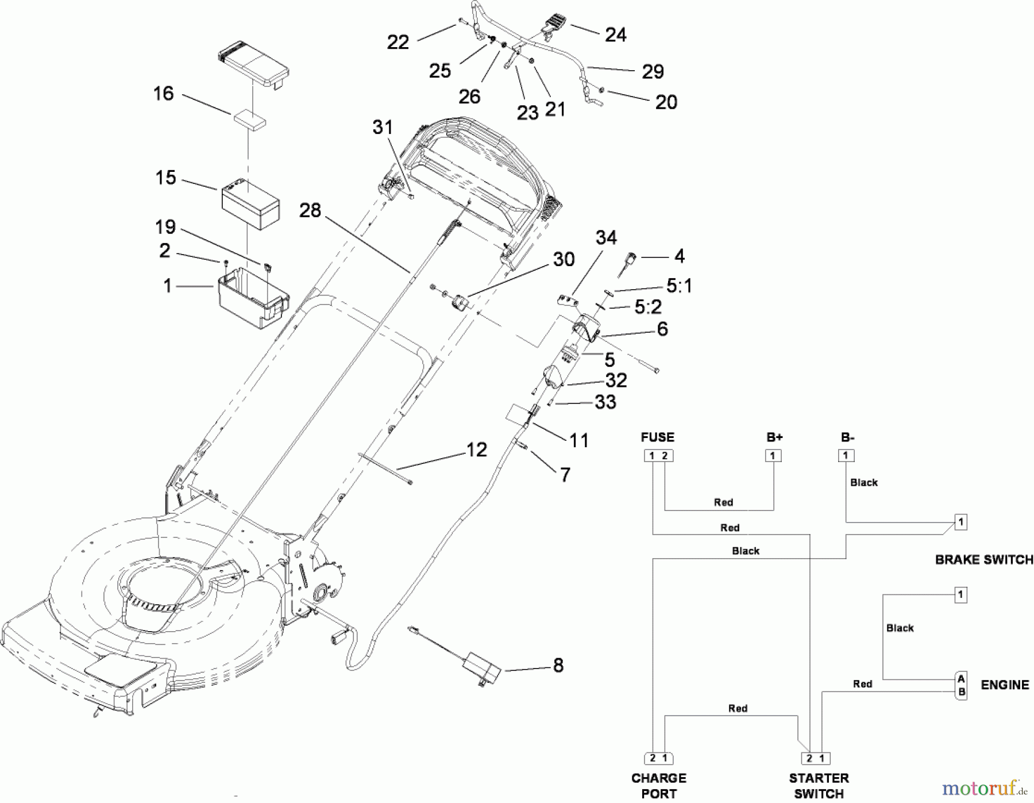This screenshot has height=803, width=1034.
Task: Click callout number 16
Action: point(163,94)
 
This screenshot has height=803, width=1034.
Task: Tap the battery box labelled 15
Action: point(250,204)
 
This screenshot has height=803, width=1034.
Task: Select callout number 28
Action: point(310,210)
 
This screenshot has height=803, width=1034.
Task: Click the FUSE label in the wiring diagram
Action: point(657,437)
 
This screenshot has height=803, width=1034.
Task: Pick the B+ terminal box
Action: point(773,456)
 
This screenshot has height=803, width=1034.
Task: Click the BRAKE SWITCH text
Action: point(983,559)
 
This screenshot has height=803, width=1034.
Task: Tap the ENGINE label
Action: point(1004,685)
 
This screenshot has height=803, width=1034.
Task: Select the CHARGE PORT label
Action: point(658,785)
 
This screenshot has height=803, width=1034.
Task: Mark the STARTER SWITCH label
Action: point(819,785)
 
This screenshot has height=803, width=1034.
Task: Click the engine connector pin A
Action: point(961,679)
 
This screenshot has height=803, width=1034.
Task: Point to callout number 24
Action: point(615,35)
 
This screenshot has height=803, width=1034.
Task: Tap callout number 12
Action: point(476,449)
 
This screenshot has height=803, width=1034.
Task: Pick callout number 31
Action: point(383,128)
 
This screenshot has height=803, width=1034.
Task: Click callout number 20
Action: point(666,102)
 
